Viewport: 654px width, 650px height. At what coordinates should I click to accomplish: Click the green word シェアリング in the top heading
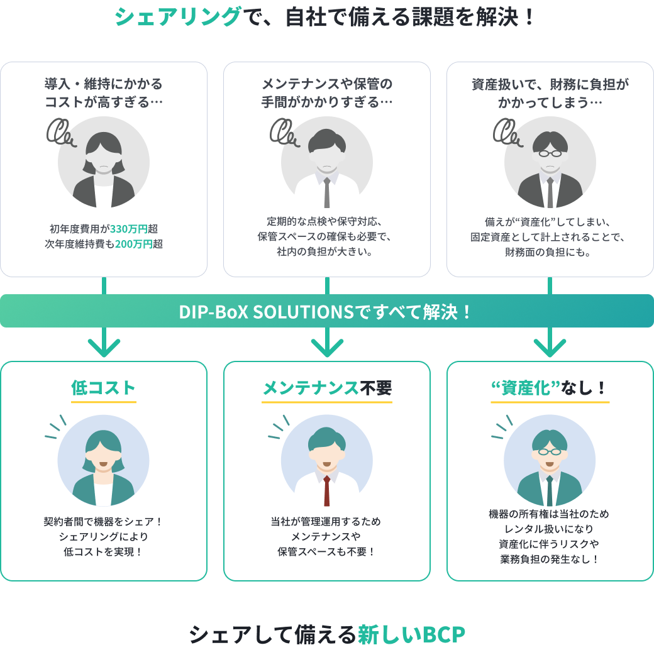pos(177,16)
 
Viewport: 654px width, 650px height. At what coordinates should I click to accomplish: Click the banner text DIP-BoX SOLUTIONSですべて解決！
pos(326,312)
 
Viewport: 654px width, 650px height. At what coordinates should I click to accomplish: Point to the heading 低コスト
pos(104,388)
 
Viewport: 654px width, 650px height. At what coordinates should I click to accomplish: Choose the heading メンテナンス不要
pos(327,388)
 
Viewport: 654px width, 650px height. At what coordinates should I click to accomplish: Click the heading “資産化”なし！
pos(550,388)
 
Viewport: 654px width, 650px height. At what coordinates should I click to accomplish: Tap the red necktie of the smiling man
pos(327,490)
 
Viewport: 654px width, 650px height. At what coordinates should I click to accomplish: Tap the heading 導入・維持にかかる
pos(104,84)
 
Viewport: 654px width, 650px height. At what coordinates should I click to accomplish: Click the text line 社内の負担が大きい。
pos(327,253)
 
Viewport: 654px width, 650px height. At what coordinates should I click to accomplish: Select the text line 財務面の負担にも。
pos(550,253)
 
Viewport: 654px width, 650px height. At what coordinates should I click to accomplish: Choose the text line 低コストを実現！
pos(104,552)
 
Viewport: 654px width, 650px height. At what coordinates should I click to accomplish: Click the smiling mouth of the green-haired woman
pos(104,466)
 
